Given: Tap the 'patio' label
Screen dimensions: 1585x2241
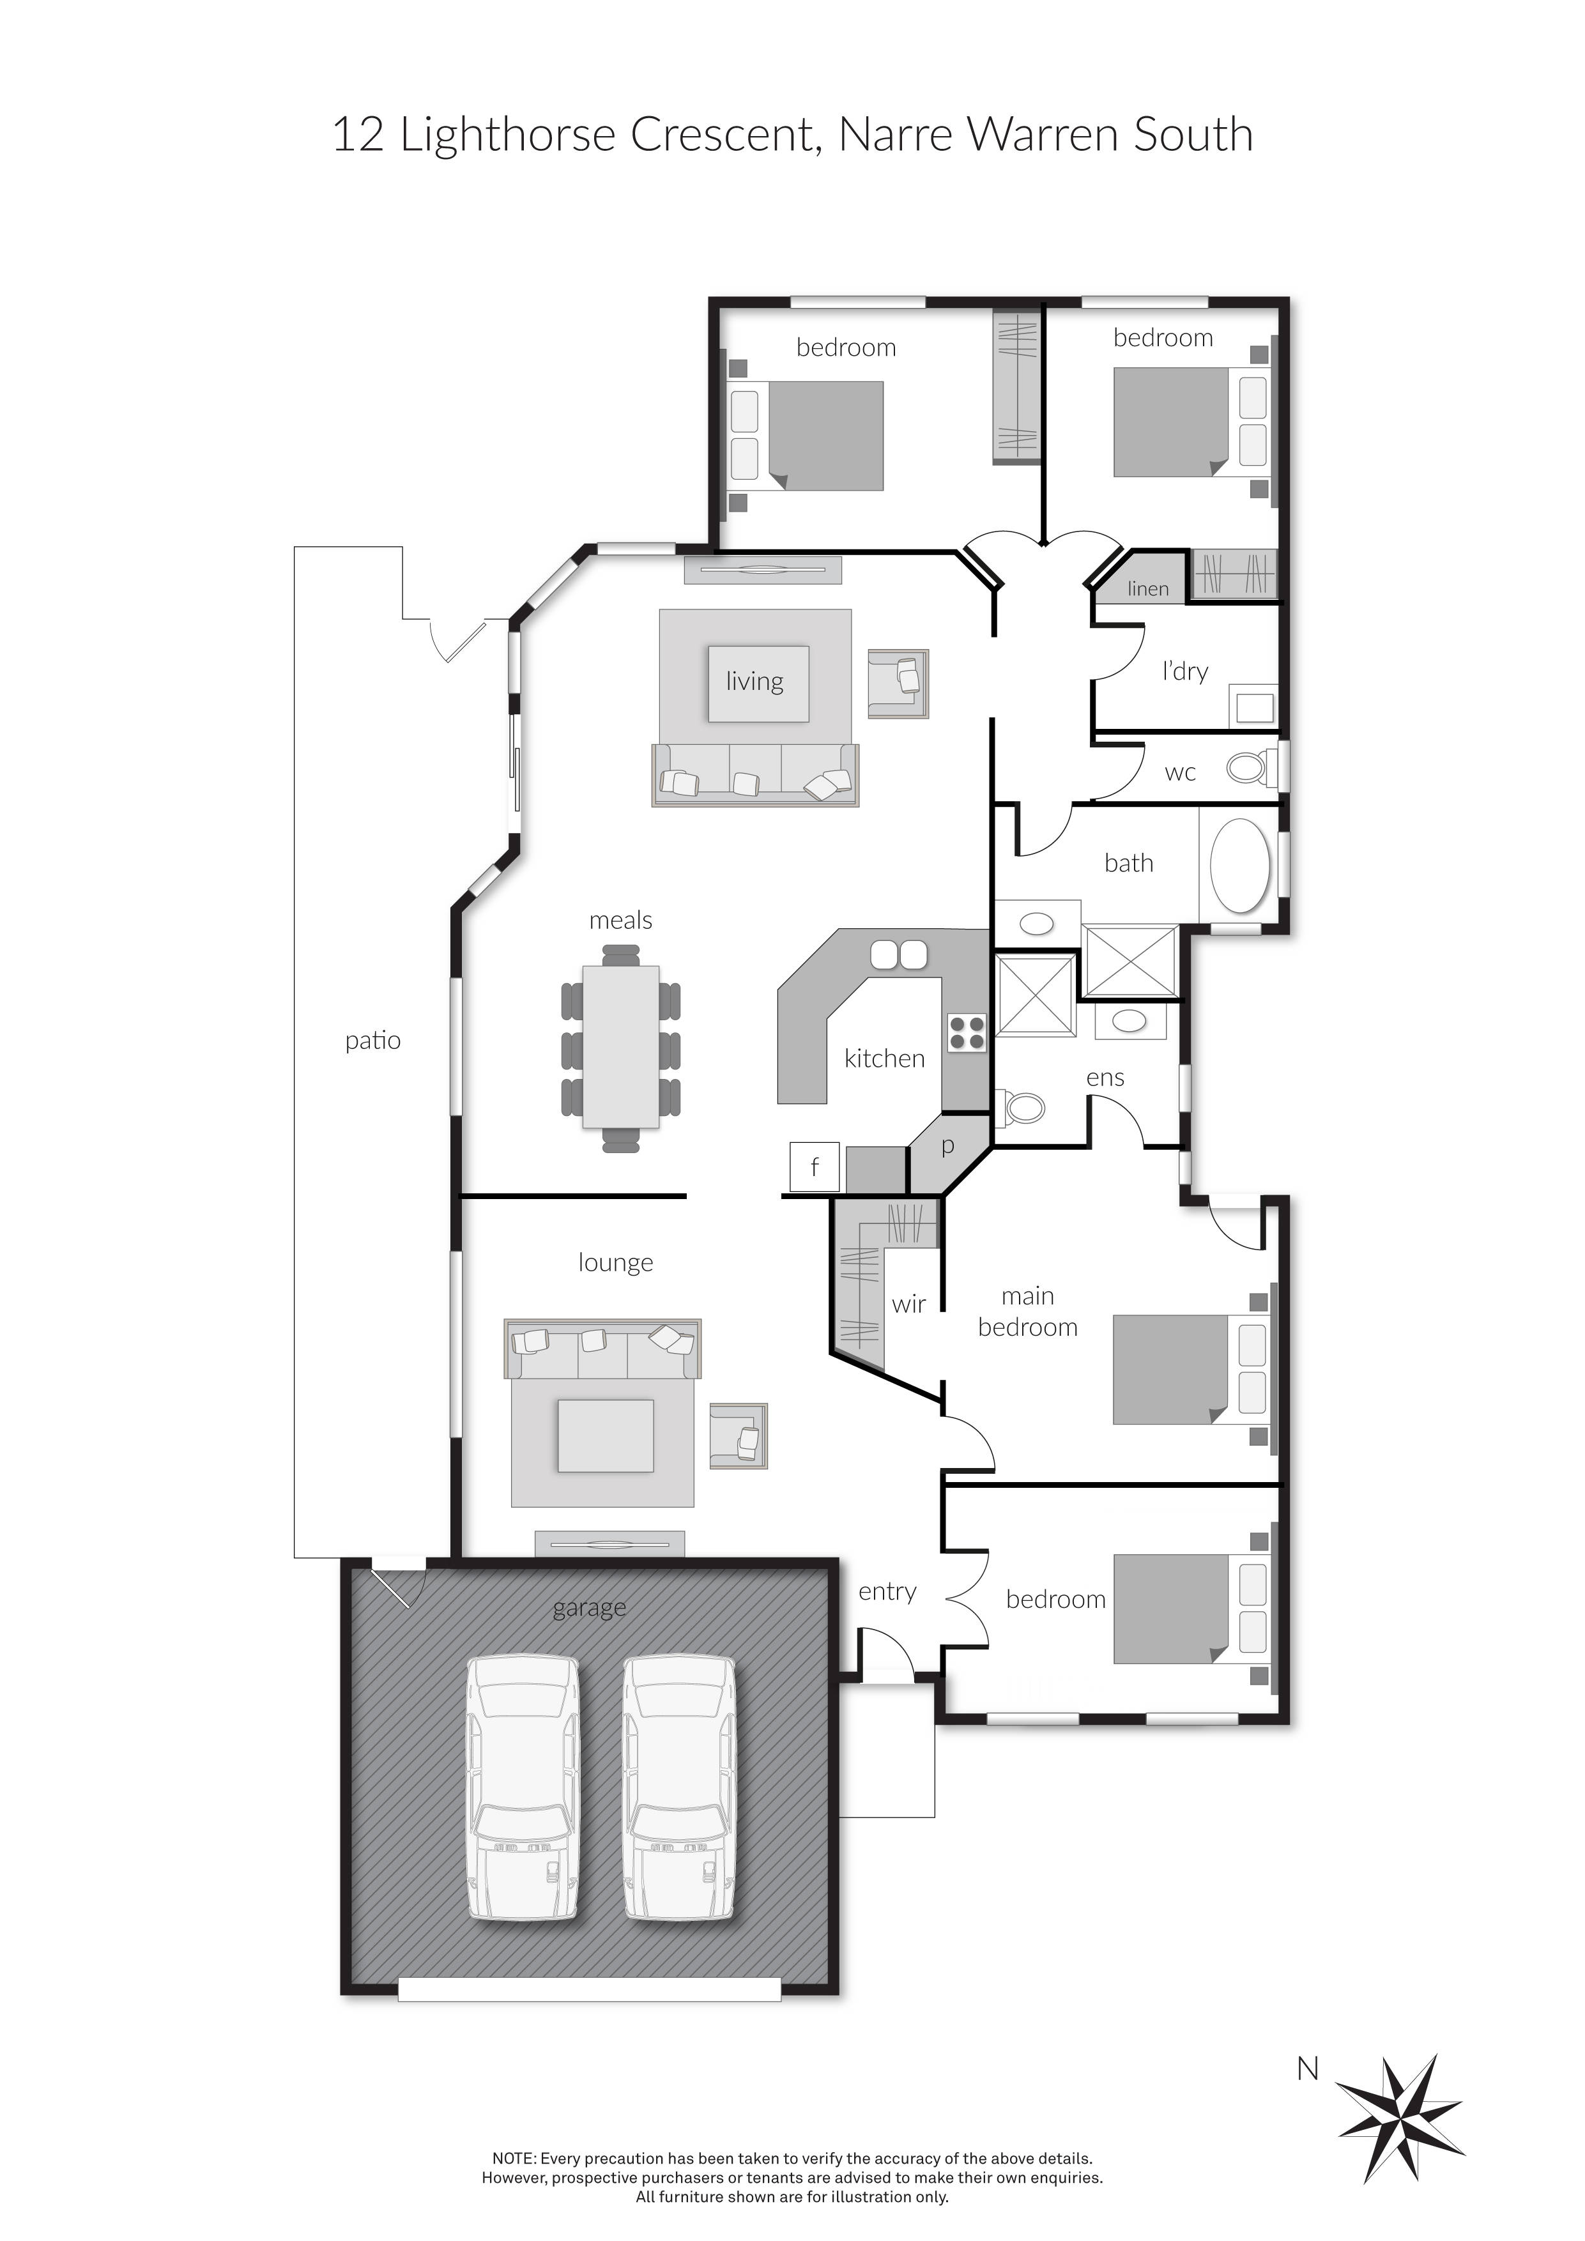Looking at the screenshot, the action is click(x=373, y=1041).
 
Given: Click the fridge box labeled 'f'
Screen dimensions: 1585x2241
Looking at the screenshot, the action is click(x=814, y=1166).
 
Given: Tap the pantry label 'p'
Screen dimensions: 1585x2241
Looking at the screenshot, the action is click(x=947, y=1146).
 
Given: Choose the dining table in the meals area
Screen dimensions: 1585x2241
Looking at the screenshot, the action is click(x=621, y=1046).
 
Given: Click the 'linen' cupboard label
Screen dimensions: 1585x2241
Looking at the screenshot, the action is click(x=1148, y=588).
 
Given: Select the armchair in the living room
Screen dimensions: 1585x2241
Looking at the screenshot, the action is click(x=898, y=684).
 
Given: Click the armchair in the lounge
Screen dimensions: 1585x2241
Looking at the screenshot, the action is click(x=739, y=1436).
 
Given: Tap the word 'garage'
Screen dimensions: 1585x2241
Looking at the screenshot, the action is click(x=590, y=1607).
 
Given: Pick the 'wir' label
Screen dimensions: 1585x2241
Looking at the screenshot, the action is click(x=908, y=1304).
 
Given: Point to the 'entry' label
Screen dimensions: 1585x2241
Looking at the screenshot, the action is click(x=887, y=1592).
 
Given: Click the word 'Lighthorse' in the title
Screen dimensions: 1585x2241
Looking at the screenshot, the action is click(x=507, y=135).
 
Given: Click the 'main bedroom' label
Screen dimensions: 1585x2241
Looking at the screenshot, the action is click(x=1028, y=1312).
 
